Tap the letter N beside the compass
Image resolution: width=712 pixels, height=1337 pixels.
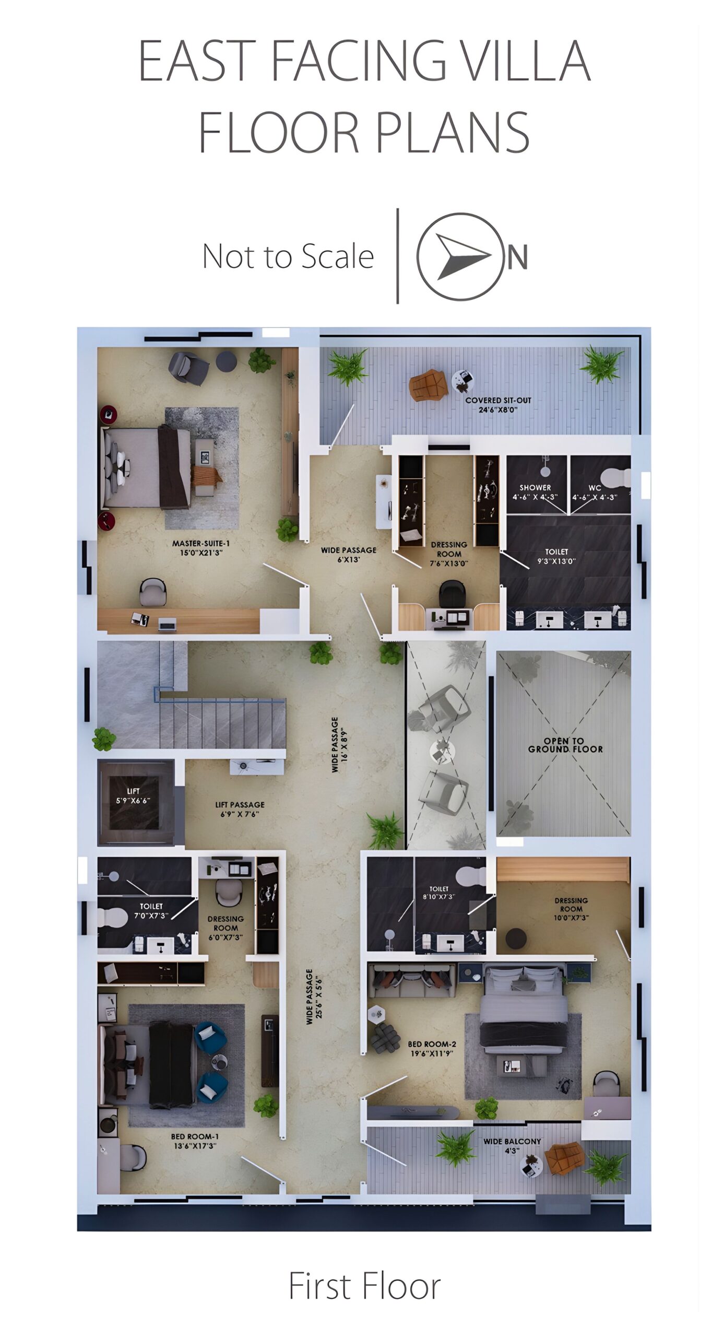tap(518, 257)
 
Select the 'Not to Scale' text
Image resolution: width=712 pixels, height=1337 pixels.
tap(288, 256)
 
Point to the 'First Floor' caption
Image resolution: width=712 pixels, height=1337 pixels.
tap(365, 1286)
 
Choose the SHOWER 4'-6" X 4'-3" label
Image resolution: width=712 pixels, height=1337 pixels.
tap(535, 492)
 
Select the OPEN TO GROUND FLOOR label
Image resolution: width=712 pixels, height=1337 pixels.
tap(565, 745)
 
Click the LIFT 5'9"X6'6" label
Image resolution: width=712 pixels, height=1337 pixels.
tap(133, 795)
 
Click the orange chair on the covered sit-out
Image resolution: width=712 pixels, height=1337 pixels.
tap(428, 385)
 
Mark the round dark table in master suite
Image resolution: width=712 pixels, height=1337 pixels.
tap(227, 361)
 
